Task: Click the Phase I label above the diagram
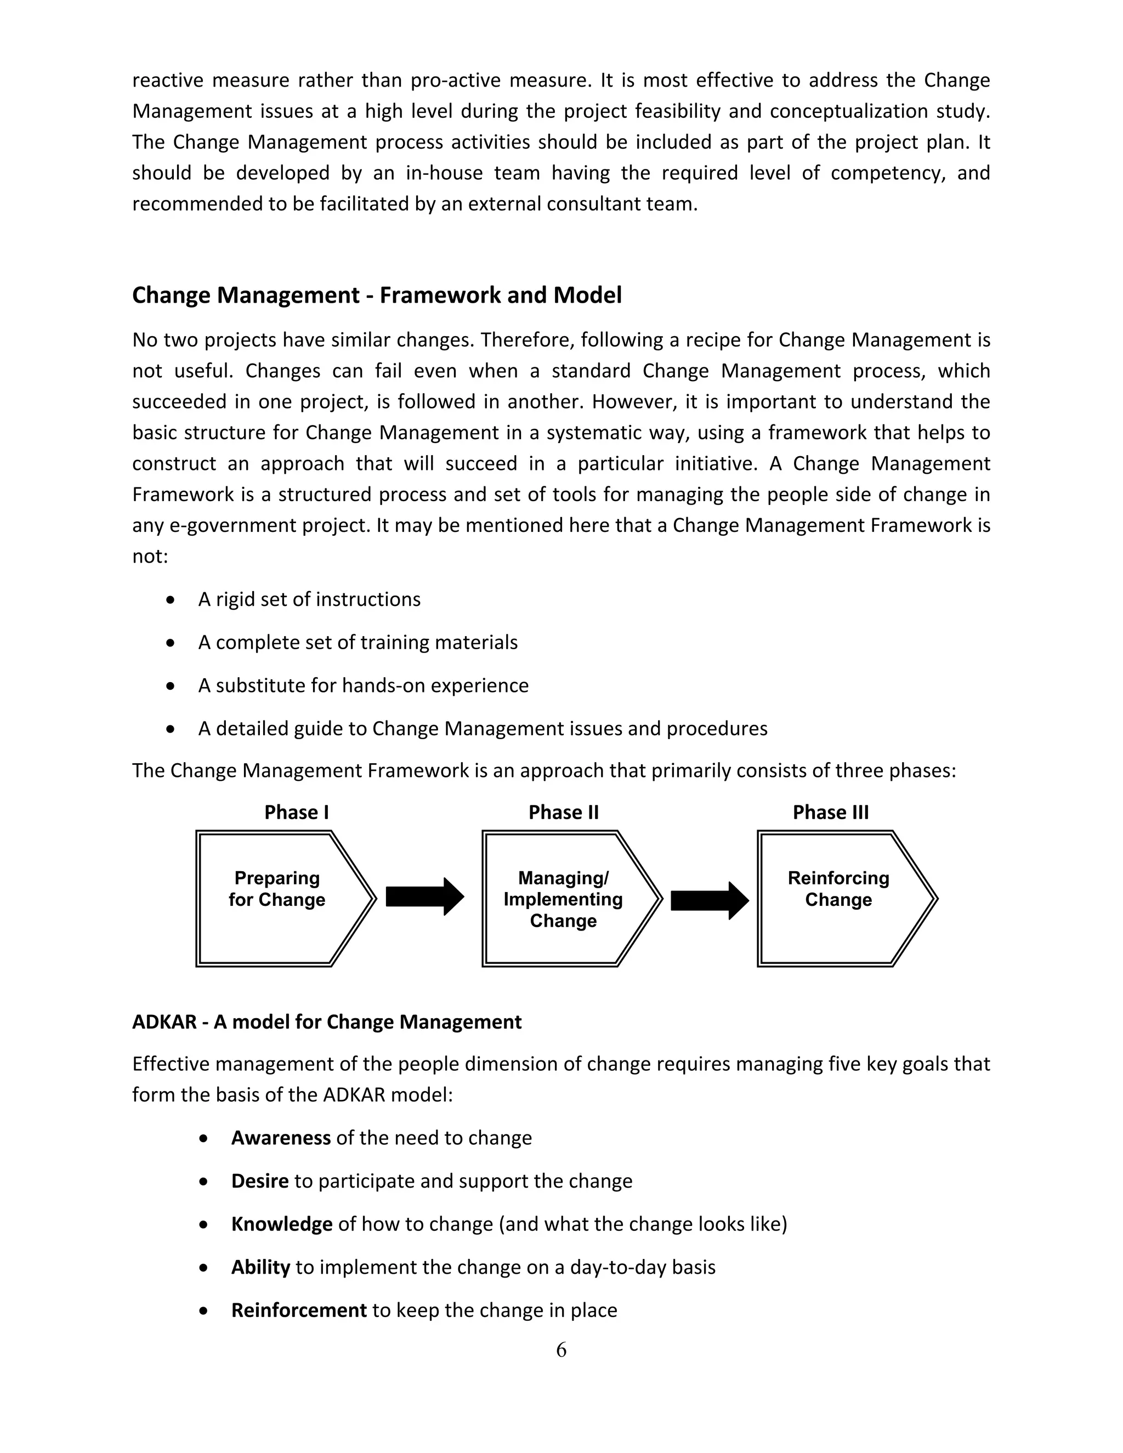(296, 813)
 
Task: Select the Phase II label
(564, 813)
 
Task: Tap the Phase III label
(830, 813)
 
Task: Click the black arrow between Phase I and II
(424, 897)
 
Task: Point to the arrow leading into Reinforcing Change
(709, 900)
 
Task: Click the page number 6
(561, 1350)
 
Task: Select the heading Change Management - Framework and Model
(377, 295)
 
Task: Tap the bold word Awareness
(281, 1138)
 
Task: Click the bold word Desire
(259, 1181)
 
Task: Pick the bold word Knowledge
(281, 1224)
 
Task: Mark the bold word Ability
(260, 1267)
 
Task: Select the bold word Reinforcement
(299, 1310)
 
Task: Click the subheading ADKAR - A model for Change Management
(327, 1022)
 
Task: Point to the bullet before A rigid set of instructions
(171, 600)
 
